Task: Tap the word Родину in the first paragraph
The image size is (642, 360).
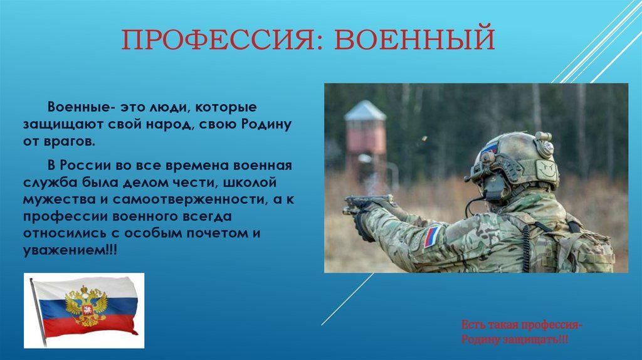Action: click(x=266, y=124)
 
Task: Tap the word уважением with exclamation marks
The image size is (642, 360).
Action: click(x=70, y=250)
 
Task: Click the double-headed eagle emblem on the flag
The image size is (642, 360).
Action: click(x=87, y=305)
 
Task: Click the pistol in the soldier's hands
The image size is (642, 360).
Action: click(x=366, y=204)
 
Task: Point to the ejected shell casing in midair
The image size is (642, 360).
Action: click(x=424, y=139)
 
